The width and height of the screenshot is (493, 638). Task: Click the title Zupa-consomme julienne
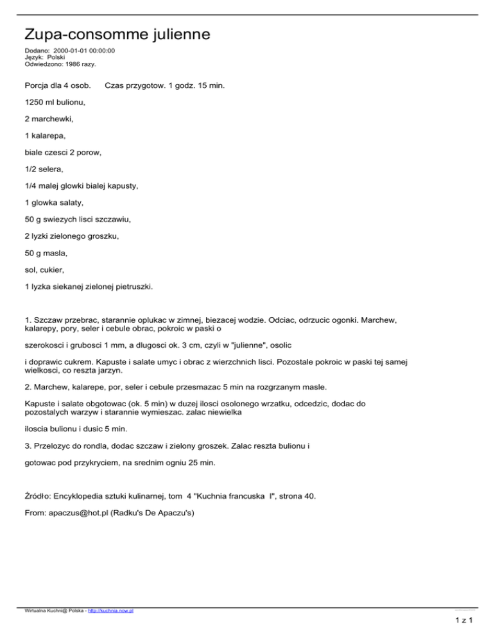pyautogui.click(x=117, y=33)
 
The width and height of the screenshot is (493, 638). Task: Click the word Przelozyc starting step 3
pyautogui.click(x=56, y=442)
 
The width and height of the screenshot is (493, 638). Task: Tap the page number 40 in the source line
pyautogui.click(x=308, y=496)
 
